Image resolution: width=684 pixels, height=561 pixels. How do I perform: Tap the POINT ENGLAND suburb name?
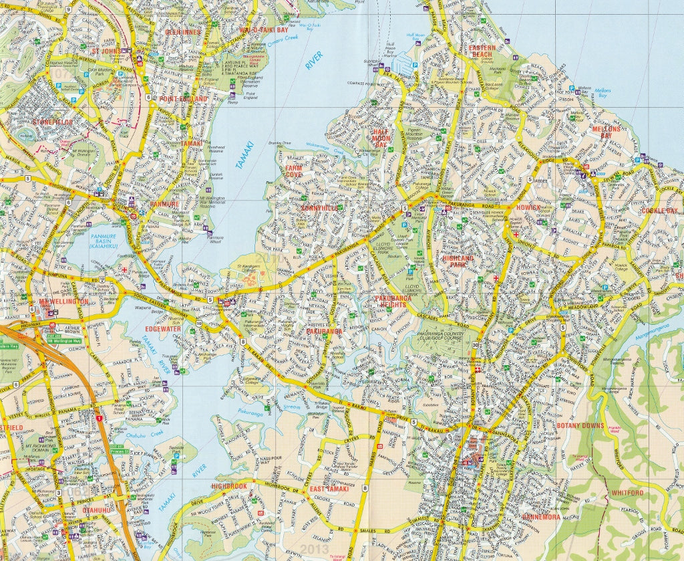point(184,99)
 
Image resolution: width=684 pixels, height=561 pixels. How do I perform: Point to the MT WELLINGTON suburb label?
point(63,302)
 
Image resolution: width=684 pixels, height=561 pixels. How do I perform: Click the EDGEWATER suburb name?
point(163,329)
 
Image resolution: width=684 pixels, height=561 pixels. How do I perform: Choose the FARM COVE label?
point(294,171)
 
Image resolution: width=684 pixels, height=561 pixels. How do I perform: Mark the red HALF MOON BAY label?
point(381,138)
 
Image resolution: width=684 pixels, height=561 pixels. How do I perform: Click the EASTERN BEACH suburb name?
point(482,52)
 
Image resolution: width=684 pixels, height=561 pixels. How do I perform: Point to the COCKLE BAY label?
point(659,211)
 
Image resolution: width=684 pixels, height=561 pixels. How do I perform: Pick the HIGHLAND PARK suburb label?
point(458,261)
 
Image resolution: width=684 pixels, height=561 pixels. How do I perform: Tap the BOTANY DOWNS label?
point(580,426)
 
